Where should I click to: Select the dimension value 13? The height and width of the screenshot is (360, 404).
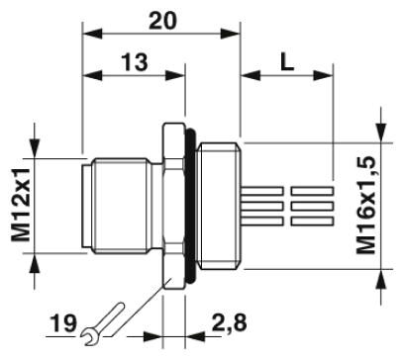(135, 62)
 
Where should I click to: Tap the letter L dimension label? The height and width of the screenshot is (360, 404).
(287, 62)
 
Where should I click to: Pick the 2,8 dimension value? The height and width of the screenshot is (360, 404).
(229, 322)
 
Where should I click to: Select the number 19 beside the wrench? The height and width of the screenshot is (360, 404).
(63, 323)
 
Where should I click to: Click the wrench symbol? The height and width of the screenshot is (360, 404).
(102, 323)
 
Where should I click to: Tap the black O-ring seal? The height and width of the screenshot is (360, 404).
(191, 206)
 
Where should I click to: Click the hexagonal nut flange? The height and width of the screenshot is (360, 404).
(173, 206)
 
